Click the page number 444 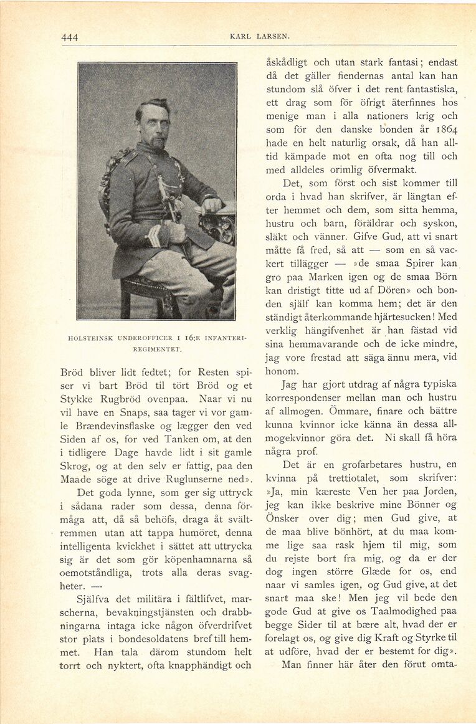pyautogui.click(x=70, y=37)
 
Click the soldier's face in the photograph pyautogui.click(x=155, y=125)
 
